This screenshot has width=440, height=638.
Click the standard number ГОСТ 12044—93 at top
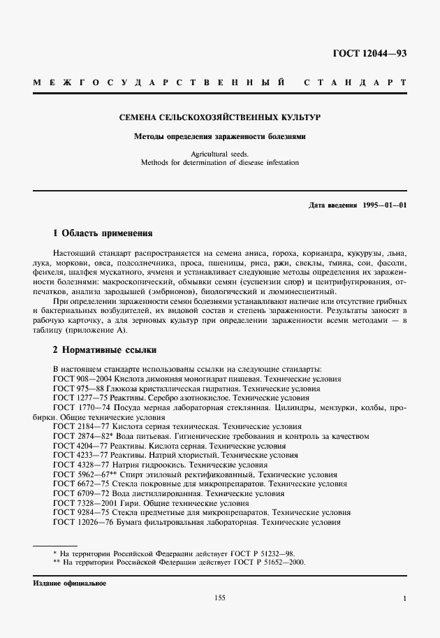click(370, 53)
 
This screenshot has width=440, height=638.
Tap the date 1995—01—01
click(385, 205)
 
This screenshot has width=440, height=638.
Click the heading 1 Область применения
click(103, 233)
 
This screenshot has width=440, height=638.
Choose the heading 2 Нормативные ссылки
click(105, 349)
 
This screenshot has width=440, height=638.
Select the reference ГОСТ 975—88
click(76, 388)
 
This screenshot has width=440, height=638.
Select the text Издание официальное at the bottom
click(68, 583)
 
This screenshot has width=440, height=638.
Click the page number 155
click(220, 598)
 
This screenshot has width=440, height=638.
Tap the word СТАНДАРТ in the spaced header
click(355, 82)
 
